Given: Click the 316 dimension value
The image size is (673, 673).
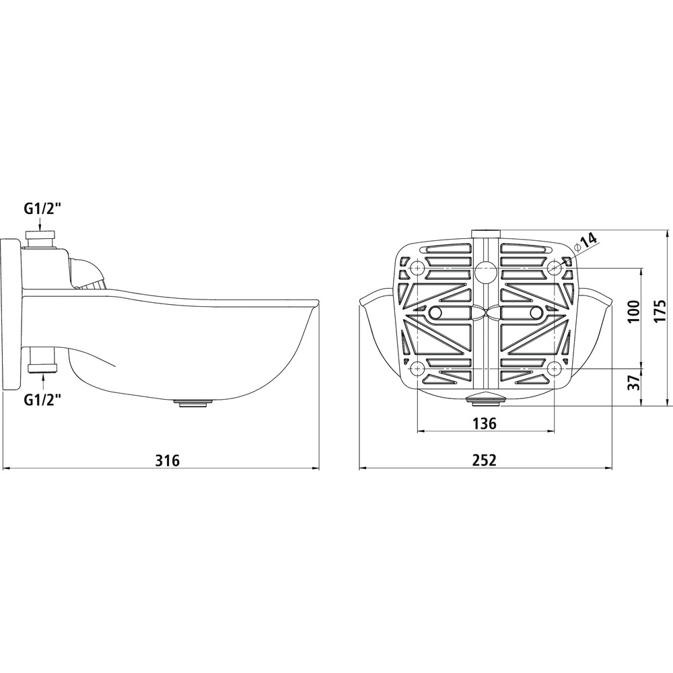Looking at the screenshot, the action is pyautogui.click(x=167, y=460).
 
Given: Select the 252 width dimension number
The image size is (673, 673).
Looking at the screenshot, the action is pyautogui.click(x=484, y=460).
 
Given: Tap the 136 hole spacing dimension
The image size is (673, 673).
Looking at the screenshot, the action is pyautogui.click(x=484, y=423).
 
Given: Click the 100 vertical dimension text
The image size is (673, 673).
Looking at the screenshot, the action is pyautogui.click(x=633, y=311).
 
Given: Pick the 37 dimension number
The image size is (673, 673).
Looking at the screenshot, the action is pyautogui.click(x=633, y=381).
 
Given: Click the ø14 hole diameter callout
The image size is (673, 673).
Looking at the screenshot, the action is pyautogui.click(x=585, y=241).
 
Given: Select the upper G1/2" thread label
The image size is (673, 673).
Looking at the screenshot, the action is pyautogui.click(x=42, y=209).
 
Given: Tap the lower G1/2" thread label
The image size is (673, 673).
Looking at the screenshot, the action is pyautogui.click(x=42, y=400).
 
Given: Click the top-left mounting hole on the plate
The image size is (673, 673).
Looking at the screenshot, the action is pyautogui.click(x=417, y=269).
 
